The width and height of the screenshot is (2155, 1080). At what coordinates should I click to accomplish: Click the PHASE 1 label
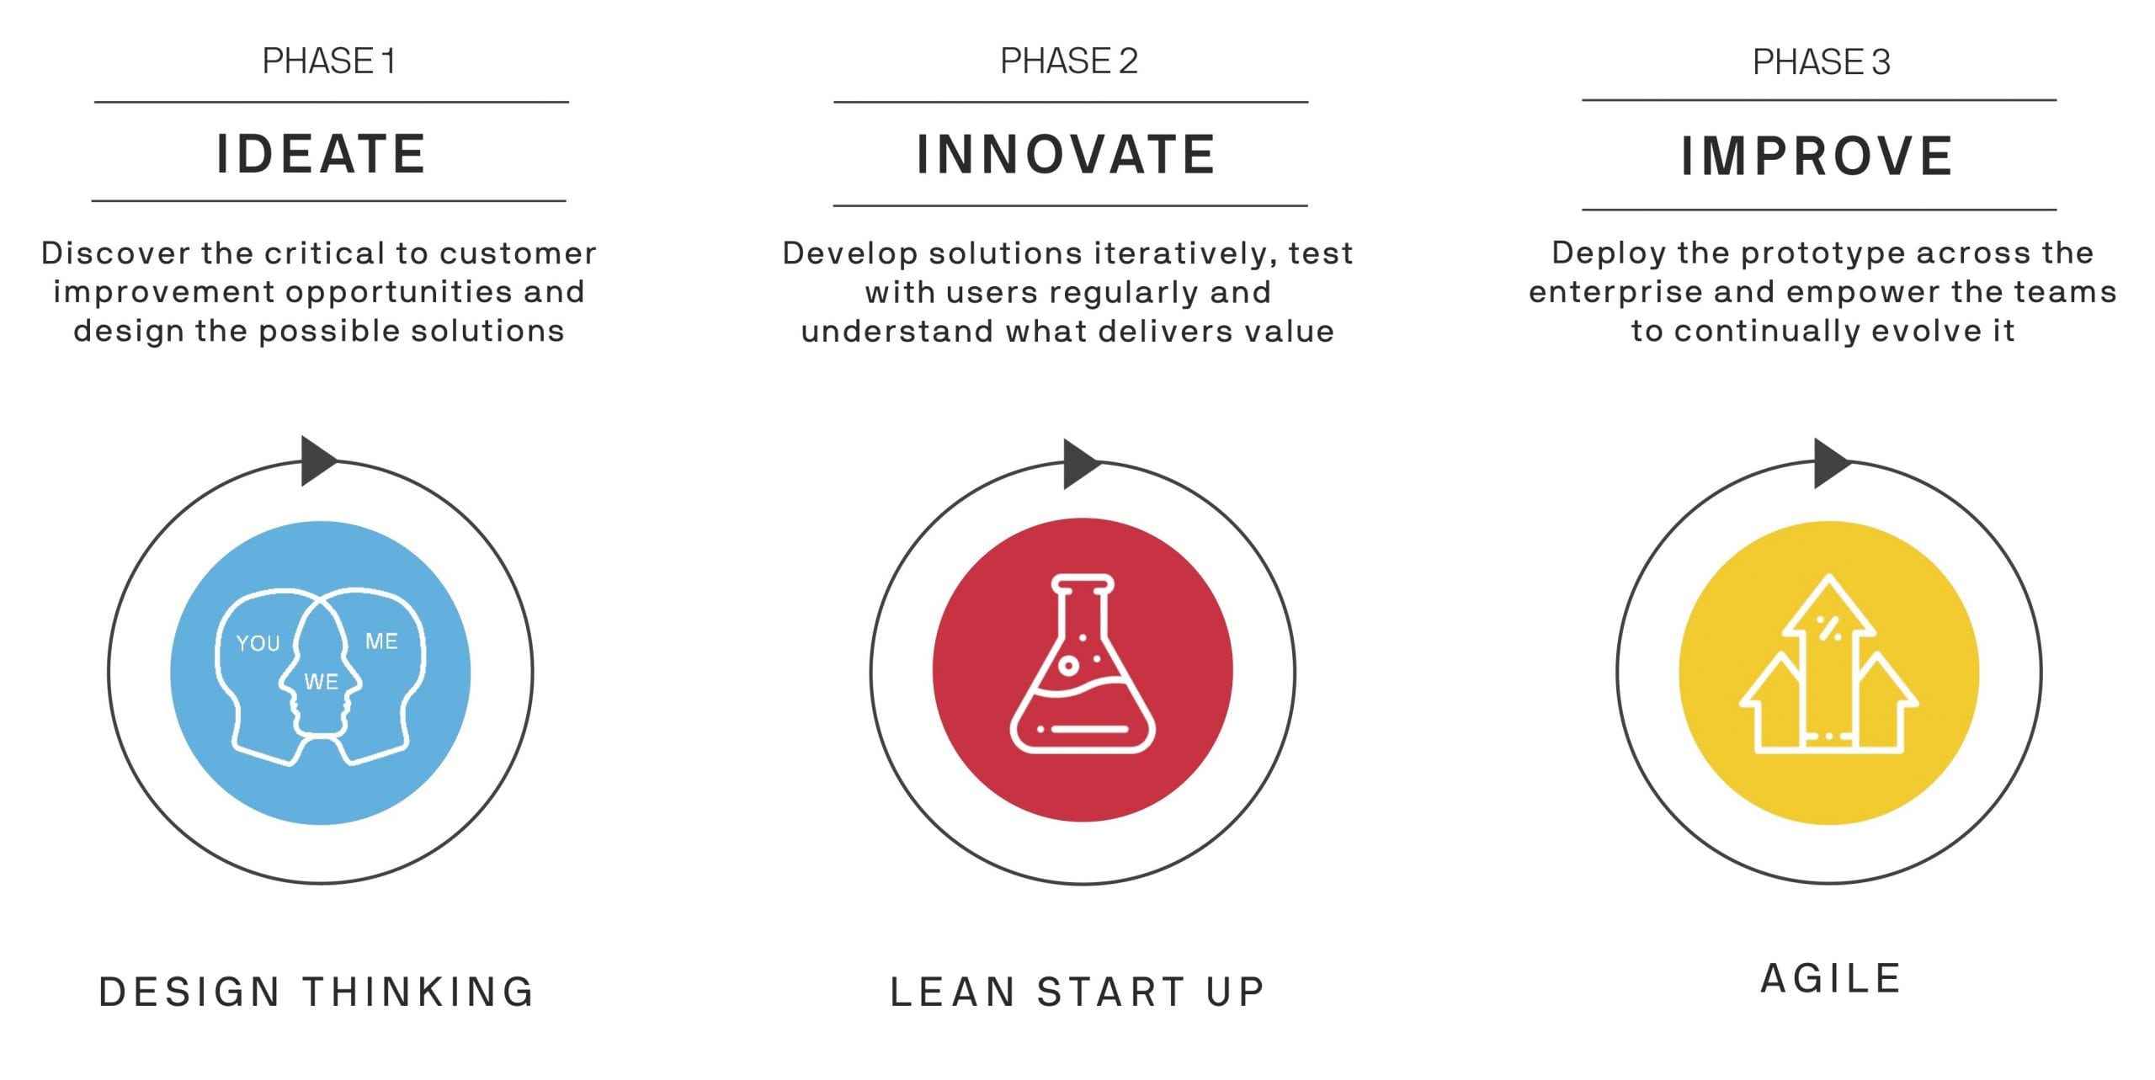pos(328,61)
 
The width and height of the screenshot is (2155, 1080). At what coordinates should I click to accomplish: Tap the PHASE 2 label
pos(1069,61)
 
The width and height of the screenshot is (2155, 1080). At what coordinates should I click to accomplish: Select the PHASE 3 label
pos(1822,61)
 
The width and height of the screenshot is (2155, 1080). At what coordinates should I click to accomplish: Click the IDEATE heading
pos(321,154)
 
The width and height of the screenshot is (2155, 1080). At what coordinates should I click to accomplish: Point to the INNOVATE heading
pos(1066,155)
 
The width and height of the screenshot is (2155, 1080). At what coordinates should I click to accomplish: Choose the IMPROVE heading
pos(1817,157)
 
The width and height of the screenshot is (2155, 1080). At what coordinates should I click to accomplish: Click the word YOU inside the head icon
pos(258,644)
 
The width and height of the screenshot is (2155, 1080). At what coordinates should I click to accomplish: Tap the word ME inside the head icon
pos(381,641)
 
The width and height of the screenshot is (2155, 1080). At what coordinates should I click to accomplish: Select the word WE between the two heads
pos(321,682)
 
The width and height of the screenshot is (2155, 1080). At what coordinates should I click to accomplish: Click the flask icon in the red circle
pos(1083,663)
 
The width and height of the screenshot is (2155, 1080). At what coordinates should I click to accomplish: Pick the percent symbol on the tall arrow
pos(1828,628)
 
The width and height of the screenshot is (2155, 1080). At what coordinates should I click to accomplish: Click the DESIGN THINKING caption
pos(317,992)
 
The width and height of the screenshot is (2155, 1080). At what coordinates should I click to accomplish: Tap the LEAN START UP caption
pos(1077,992)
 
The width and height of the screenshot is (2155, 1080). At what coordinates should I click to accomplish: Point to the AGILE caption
pos(1831,979)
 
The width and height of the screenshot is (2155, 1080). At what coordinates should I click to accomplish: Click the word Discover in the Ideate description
pos(116,253)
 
